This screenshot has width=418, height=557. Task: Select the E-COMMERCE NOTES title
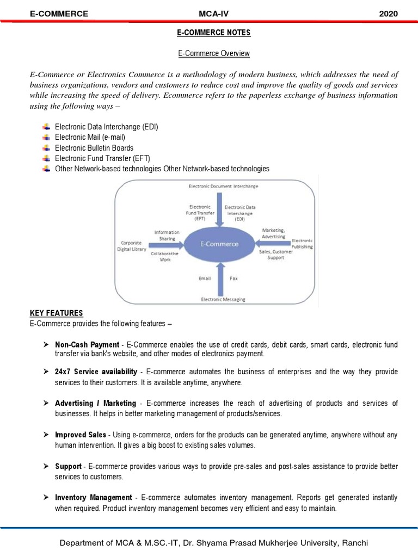point(213,33)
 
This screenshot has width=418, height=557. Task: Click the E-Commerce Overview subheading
point(213,53)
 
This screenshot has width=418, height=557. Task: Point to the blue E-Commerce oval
point(219,244)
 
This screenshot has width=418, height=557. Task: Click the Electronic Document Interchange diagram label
point(223,186)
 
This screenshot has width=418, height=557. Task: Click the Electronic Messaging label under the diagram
point(223,299)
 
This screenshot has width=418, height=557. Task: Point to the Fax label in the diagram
point(233,278)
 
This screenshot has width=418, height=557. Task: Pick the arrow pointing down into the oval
point(219,209)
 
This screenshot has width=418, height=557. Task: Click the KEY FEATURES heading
point(57,313)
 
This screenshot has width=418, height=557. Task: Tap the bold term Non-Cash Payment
point(87,344)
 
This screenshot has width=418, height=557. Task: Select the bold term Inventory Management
point(94,497)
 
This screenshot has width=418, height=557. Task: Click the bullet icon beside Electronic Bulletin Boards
point(46,148)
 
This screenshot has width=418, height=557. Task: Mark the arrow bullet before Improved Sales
point(46,435)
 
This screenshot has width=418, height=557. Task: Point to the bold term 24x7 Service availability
point(96,372)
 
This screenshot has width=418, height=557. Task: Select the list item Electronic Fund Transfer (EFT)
point(102,158)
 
